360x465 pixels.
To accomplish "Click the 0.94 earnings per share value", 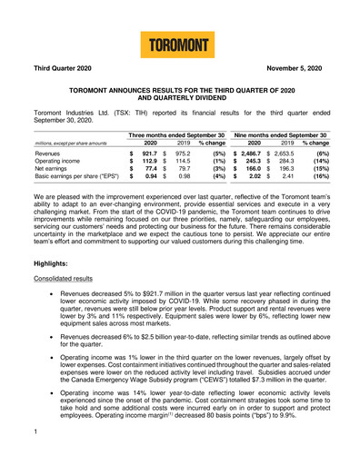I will click(149, 186).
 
